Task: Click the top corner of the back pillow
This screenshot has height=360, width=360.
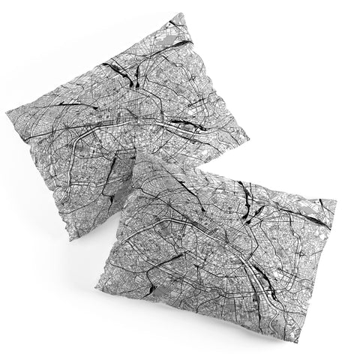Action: (182, 13)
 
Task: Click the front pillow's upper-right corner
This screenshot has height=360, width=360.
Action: (335, 201)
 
